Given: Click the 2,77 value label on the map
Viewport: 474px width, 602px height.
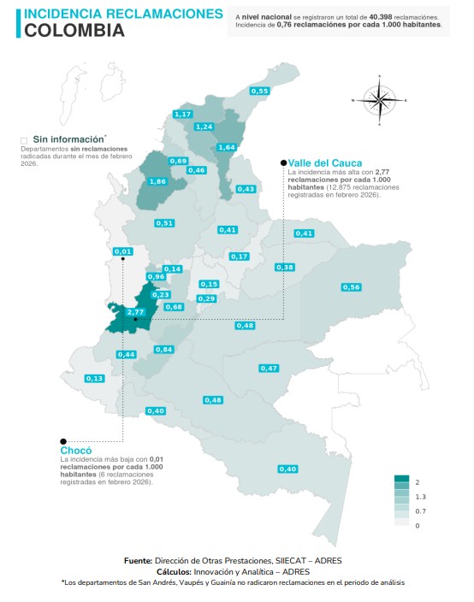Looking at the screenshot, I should [x=134, y=312].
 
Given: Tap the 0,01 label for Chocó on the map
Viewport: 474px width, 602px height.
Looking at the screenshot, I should [x=123, y=251].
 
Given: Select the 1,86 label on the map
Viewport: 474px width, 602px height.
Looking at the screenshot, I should [x=157, y=181].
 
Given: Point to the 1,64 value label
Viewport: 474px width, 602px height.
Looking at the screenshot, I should [x=227, y=147].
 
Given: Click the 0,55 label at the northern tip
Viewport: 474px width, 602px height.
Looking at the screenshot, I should [x=260, y=91].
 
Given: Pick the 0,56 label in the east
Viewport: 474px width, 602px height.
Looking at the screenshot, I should [x=351, y=287].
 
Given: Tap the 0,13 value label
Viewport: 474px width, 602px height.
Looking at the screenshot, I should [x=94, y=378].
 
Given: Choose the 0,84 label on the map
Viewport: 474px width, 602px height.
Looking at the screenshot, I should [x=164, y=349].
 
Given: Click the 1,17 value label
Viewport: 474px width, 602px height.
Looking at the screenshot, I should [x=182, y=114].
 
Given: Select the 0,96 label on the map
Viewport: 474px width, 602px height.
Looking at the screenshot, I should [x=156, y=276].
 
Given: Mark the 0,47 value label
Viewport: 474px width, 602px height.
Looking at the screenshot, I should [x=269, y=368].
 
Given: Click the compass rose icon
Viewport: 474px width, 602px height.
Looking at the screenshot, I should [x=379, y=100].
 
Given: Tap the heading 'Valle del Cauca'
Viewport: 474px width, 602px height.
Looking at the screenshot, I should [x=325, y=162].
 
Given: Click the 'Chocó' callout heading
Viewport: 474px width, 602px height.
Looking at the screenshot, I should [x=75, y=450].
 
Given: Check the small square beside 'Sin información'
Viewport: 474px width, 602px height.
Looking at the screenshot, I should [x=24, y=139].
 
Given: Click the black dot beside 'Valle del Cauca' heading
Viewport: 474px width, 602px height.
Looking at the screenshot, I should [x=282, y=162].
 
